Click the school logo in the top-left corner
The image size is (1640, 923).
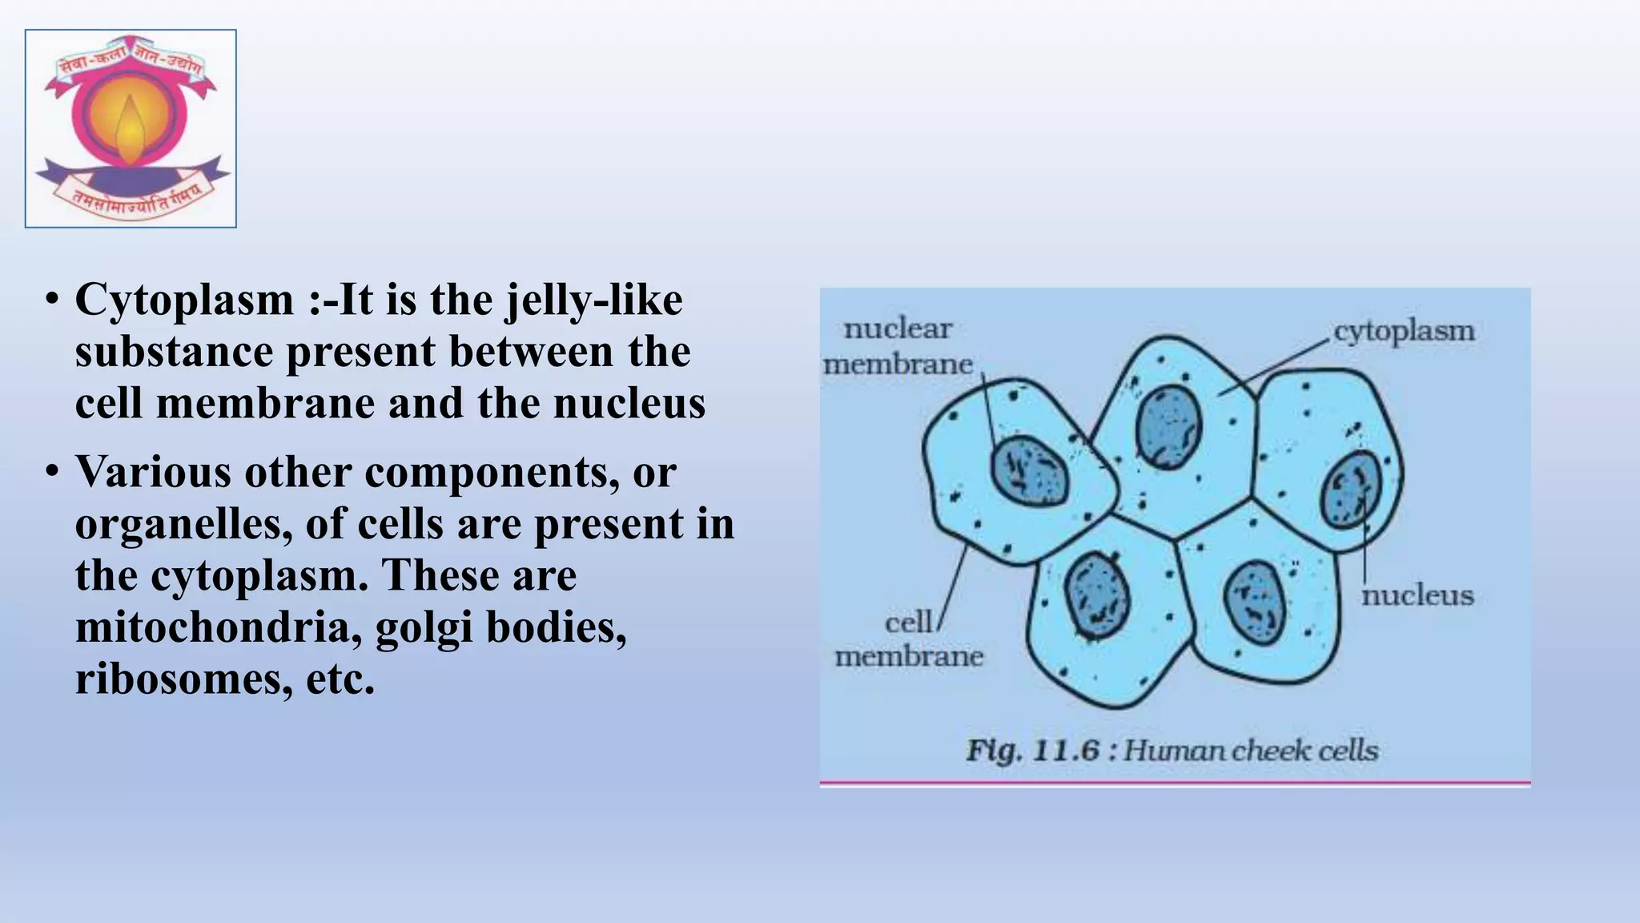[131, 128]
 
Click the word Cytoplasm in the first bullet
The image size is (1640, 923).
[185, 300]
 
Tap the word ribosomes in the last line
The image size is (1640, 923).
[179, 679]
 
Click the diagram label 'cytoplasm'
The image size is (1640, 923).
[1403, 331]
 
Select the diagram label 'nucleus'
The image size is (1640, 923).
[1417, 595]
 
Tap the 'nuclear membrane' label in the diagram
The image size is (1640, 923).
[898, 346]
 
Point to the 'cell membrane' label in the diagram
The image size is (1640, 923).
[909, 639]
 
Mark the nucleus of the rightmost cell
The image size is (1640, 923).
[1351, 489]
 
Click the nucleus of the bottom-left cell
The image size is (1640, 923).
[1096, 595]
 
